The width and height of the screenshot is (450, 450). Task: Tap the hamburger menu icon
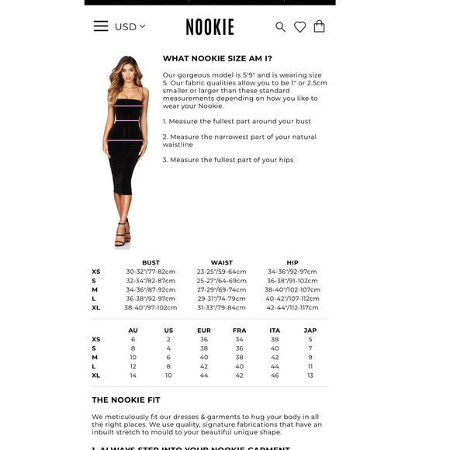pyautogui.click(x=101, y=26)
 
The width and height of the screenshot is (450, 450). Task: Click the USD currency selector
pyautogui.click(x=130, y=26)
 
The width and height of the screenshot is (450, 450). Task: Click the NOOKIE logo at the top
pyautogui.click(x=209, y=27)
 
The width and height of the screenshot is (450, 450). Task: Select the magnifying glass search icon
pyautogui.click(x=280, y=27)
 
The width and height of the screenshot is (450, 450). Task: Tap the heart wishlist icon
pyautogui.click(x=299, y=27)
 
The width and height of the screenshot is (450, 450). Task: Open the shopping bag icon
pyautogui.click(x=319, y=26)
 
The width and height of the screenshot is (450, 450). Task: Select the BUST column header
pyautogui.click(x=151, y=262)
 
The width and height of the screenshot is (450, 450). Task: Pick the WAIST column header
pyautogui.click(x=221, y=262)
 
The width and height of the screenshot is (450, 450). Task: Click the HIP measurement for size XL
pyautogui.click(x=292, y=307)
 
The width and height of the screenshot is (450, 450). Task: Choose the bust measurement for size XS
pyautogui.click(x=151, y=272)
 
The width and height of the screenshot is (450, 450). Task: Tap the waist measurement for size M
pyautogui.click(x=221, y=289)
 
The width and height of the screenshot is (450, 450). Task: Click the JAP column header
pyautogui.click(x=310, y=331)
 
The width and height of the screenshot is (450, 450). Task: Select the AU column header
pyautogui.click(x=133, y=331)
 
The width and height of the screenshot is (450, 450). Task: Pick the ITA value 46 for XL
pyautogui.click(x=275, y=375)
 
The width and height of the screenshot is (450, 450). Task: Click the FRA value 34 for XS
pyautogui.click(x=239, y=339)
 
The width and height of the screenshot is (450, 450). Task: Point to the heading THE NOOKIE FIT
pyautogui.click(x=126, y=400)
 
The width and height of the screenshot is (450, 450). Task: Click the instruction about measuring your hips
pyautogui.click(x=228, y=160)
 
